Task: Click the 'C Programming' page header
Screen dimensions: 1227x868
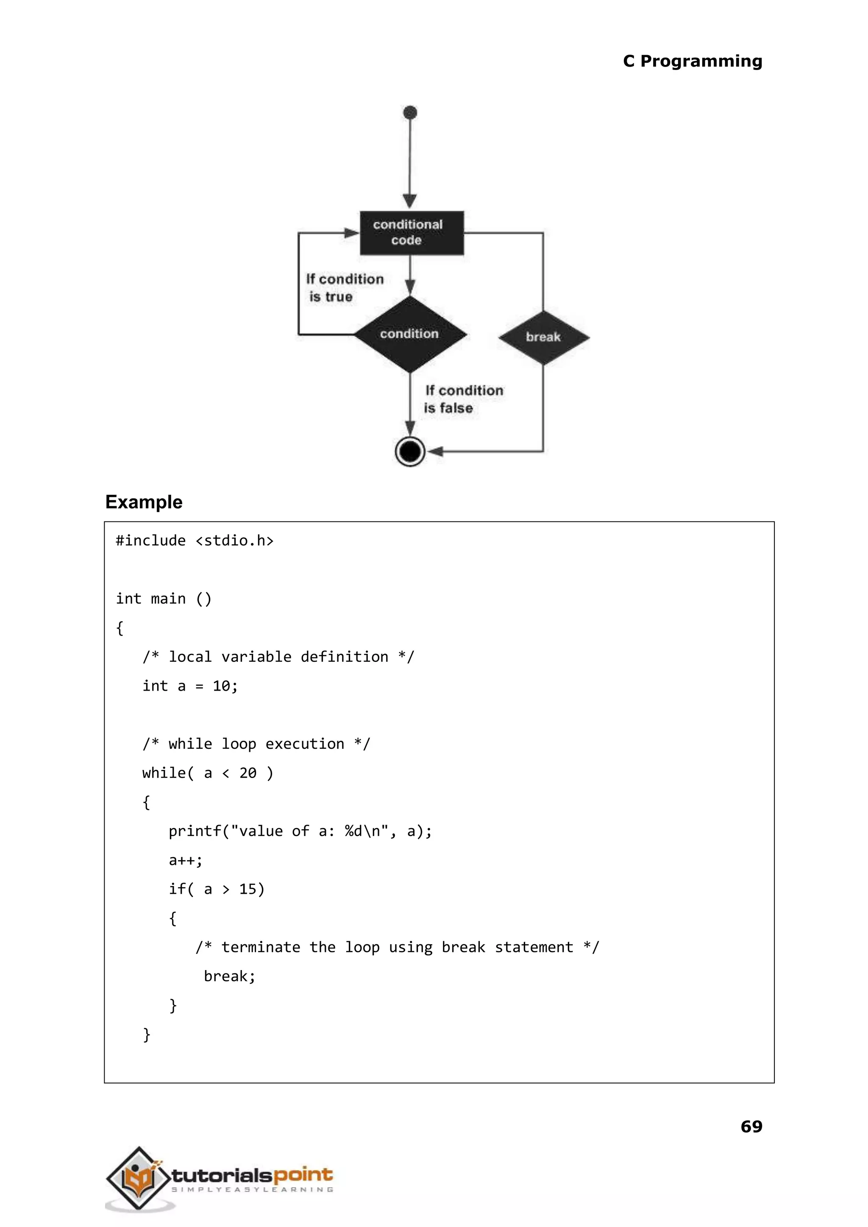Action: point(692,61)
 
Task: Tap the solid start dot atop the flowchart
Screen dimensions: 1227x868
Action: point(410,112)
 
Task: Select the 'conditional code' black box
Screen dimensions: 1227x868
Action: point(411,233)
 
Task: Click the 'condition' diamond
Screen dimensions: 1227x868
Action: point(410,334)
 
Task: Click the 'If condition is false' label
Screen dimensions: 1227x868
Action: point(463,399)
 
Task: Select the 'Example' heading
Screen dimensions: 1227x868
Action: point(144,502)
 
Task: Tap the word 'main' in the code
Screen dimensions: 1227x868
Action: point(168,599)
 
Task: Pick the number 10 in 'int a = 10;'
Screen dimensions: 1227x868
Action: point(221,686)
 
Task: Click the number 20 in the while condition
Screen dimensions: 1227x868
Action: point(248,773)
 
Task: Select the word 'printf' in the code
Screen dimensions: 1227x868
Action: point(195,831)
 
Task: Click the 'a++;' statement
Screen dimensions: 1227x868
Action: point(186,860)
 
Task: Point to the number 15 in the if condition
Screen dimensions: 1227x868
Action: point(248,889)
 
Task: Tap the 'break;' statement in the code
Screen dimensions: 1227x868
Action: point(229,976)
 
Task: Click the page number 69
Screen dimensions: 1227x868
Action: point(751,1127)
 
